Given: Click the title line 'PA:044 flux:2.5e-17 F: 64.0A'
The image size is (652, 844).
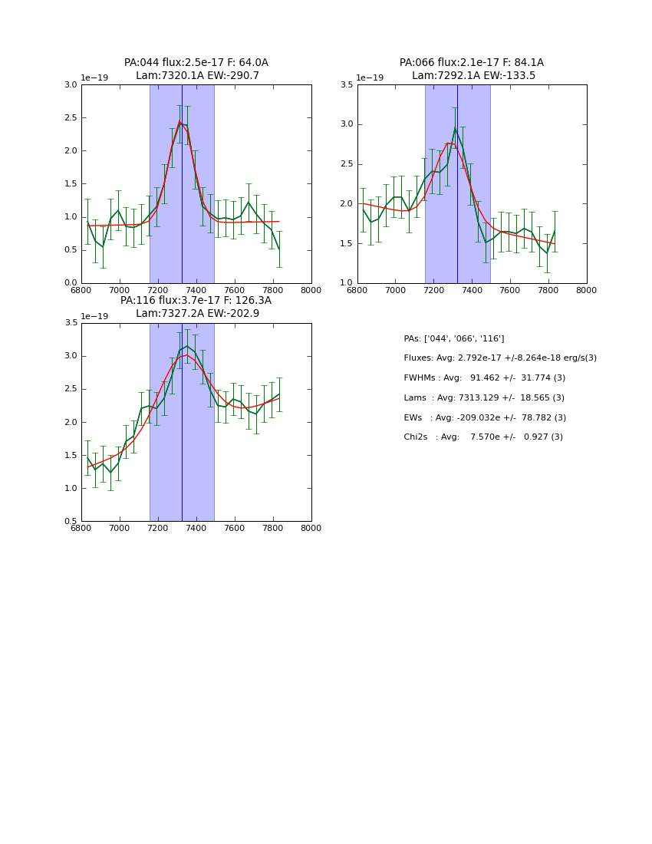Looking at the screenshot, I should pos(196,63).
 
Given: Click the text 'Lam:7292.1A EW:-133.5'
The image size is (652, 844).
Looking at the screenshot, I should pos(473,76).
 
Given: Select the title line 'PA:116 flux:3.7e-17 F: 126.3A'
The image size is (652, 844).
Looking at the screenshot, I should pos(196,301).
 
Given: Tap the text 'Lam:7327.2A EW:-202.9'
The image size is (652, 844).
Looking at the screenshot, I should pos(197,314).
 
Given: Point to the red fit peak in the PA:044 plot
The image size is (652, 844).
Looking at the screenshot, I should pos(179,121).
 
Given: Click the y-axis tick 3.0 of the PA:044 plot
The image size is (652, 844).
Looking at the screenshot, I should pos(70,85).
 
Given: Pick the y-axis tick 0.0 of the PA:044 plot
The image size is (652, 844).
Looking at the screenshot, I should pos(70,283).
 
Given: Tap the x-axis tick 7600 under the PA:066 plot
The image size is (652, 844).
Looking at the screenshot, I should pos(510,290).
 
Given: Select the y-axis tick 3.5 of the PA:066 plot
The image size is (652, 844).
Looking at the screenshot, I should pos(346,85).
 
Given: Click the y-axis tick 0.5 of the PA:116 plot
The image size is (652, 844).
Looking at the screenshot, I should pos(70,522).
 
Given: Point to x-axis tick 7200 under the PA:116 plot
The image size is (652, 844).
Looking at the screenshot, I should pos(158,529).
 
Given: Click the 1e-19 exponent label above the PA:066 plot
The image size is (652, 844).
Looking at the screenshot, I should pos(370,78).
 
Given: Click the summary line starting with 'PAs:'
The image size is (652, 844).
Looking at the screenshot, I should pos(454,339).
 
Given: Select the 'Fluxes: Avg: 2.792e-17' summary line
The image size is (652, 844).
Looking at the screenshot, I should pos(500,358).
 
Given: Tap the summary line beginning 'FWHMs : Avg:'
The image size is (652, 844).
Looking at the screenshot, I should pos(484,378).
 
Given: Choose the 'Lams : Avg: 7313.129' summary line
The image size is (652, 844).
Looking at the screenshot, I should pos(483,398).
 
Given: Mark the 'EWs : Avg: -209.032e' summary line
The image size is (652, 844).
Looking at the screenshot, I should pos(485,418).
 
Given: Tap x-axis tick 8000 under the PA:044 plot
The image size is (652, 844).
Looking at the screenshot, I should pos(311,290).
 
